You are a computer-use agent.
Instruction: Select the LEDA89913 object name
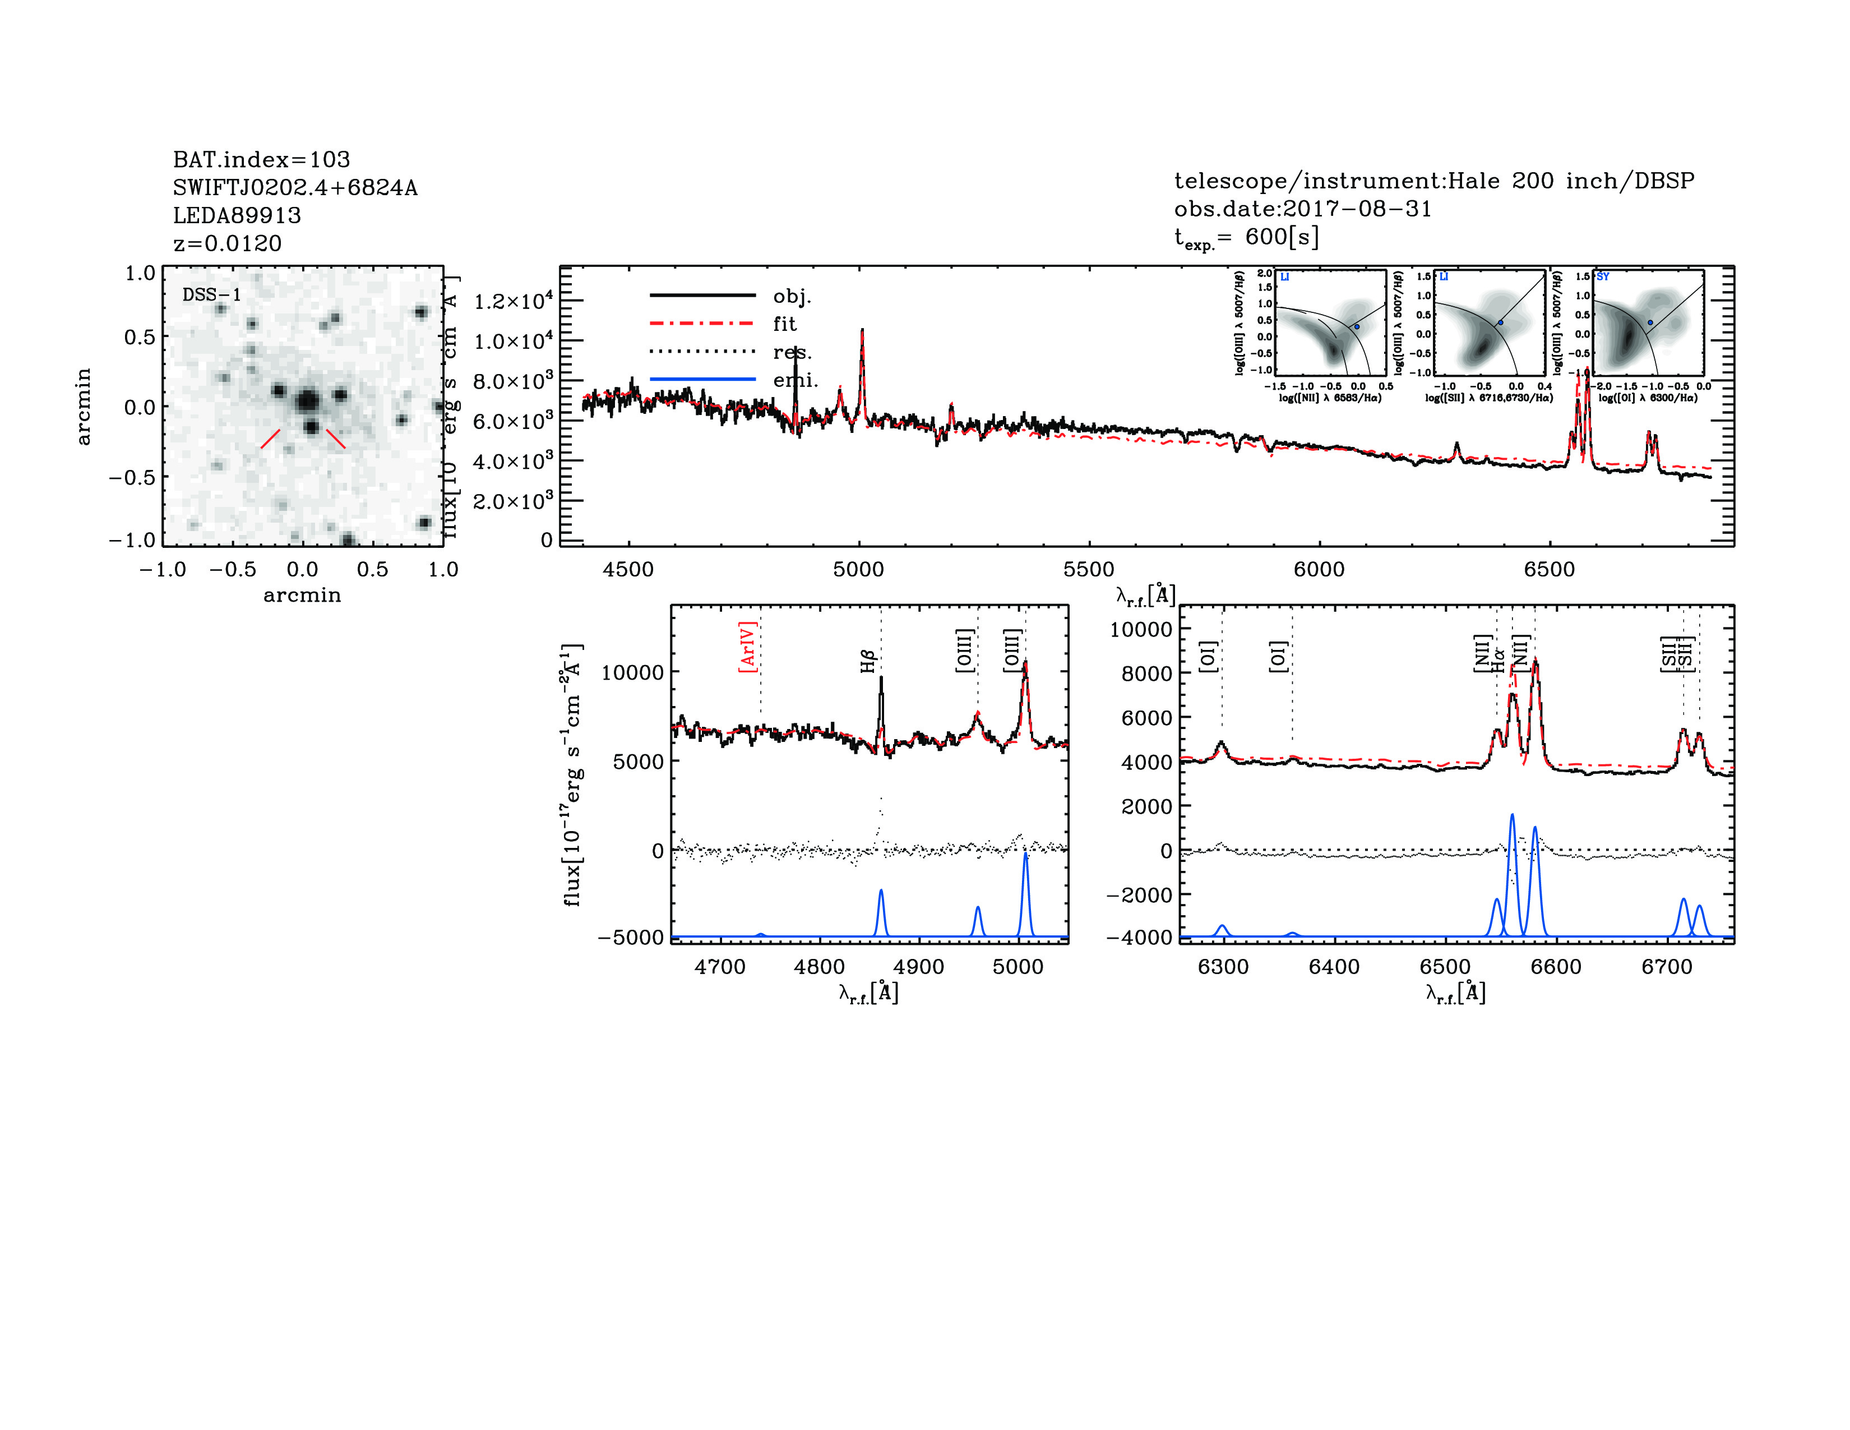click(x=237, y=215)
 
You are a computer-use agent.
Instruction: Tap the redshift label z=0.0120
click(x=227, y=244)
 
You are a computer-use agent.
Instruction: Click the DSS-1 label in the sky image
click(x=212, y=295)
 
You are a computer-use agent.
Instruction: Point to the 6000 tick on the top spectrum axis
click(x=1319, y=569)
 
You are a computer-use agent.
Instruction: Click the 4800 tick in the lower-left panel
click(x=819, y=967)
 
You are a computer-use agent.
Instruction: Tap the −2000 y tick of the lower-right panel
click(x=1146, y=894)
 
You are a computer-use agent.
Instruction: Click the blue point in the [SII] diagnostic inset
click(x=1500, y=323)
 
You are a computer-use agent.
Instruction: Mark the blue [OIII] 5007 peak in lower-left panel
click(x=1025, y=854)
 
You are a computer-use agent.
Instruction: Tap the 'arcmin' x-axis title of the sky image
click(x=302, y=596)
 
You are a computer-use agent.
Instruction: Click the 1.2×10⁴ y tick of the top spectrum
click(x=512, y=301)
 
